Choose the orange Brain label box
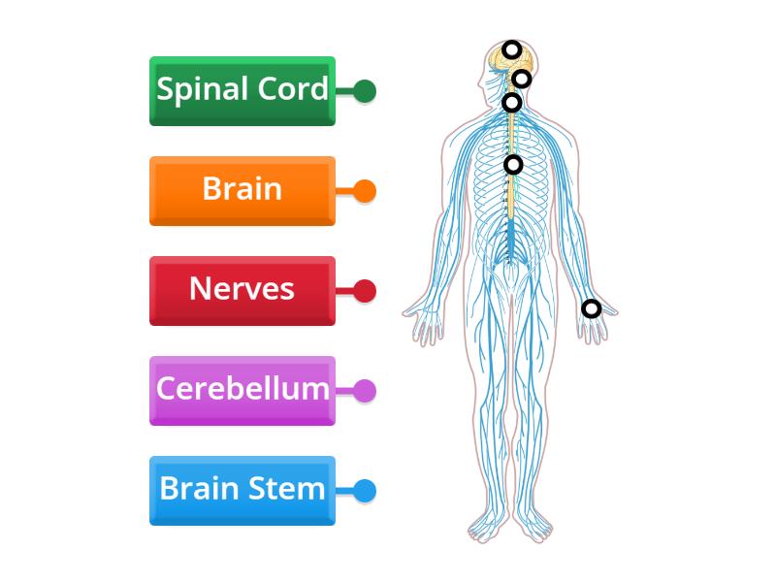242,191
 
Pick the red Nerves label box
242,291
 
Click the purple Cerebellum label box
242,391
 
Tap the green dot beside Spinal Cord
365,91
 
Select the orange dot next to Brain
365,191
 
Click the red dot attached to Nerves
365,291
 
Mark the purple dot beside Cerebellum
365,391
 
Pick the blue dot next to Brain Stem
365,491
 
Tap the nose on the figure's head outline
480,82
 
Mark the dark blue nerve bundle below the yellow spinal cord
510,240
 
